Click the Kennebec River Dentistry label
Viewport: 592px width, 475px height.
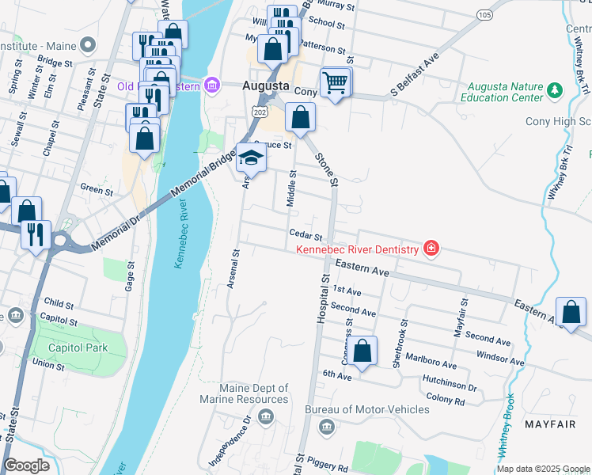(x=356, y=250)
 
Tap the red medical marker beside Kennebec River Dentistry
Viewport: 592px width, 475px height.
(x=431, y=249)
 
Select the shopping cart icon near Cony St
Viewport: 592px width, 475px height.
(x=336, y=82)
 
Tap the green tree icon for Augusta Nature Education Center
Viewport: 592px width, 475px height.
(x=554, y=92)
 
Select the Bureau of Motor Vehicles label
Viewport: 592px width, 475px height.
(x=367, y=409)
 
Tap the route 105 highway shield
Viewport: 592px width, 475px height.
(x=485, y=15)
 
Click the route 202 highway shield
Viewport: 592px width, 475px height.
(x=257, y=113)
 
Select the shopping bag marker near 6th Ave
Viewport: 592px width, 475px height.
(x=362, y=351)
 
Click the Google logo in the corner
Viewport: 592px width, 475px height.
(x=26, y=465)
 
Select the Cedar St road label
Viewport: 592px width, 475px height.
(x=306, y=235)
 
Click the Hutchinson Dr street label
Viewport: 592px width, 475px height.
(x=450, y=388)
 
